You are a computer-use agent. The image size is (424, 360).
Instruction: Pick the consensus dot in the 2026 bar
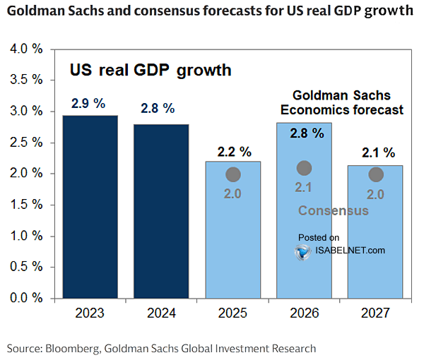pyautogui.click(x=304, y=168)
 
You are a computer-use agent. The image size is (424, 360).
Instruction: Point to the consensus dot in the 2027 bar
pyautogui.click(x=376, y=174)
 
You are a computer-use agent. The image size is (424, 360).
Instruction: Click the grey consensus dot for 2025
pyautogui.click(x=232, y=174)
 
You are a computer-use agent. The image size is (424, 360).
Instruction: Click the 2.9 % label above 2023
pyautogui.click(x=88, y=104)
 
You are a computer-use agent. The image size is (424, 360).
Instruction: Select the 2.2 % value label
pyautogui.click(x=232, y=152)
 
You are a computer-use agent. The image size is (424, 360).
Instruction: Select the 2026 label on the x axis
pyautogui.click(x=304, y=313)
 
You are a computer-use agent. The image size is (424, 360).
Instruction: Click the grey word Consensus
pyautogui.click(x=334, y=210)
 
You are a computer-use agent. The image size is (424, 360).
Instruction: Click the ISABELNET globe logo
pyautogui.click(x=303, y=251)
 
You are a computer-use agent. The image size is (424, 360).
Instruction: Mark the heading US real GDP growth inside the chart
pyautogui.click(x=150, y=71)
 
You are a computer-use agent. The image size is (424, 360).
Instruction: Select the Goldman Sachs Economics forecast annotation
pyautogui.click(x=342, y=102)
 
